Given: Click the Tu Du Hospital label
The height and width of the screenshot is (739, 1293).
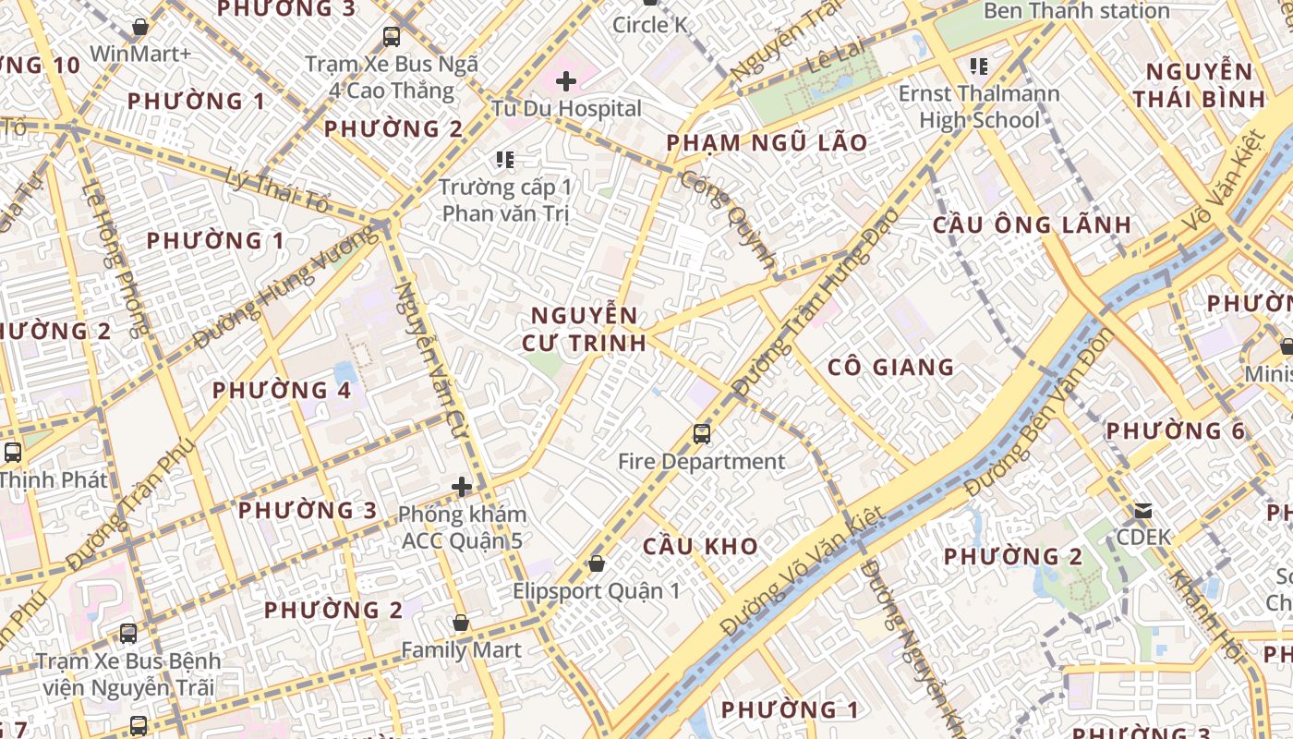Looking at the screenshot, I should tap(566, 109).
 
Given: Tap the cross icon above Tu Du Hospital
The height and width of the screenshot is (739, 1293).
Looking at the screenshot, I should tap(566, 81).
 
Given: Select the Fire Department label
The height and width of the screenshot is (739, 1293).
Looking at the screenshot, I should tap(701, 462).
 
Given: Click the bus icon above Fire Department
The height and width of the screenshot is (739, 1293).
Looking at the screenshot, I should tap(702, 433).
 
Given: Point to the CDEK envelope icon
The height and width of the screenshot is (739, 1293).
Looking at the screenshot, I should tap(1143, 511).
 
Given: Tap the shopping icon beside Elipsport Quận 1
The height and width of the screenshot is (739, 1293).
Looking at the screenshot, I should tap(597, 563).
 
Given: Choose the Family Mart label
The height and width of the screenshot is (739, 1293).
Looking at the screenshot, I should tap(461, 650).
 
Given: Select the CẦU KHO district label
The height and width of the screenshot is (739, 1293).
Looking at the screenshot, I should tap(701, 546).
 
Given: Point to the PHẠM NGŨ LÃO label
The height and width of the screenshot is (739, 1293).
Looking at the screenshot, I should tap(767, 143).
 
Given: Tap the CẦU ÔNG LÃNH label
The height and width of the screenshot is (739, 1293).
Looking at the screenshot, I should tap(1032, 224).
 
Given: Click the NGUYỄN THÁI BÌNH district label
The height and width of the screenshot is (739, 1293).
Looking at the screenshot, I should tap(1199, 85).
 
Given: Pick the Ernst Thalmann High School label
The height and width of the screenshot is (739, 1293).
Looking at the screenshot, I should tap(980, 107).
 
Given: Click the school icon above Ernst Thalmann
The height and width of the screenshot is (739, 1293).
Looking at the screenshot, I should tap(979, 67).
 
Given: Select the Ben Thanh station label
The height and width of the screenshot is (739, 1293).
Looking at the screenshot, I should tap(1077, 11).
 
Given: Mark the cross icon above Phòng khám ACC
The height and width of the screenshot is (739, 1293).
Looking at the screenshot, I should tap(462, 487).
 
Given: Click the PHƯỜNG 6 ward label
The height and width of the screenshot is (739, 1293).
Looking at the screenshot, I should tap(1176, 431).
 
